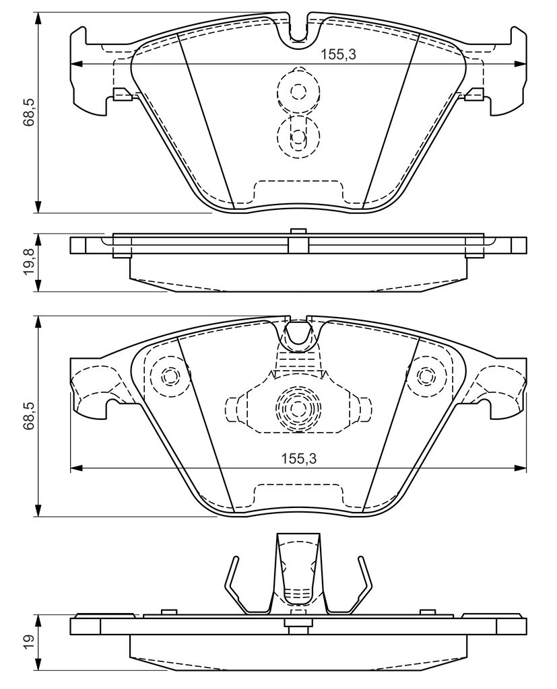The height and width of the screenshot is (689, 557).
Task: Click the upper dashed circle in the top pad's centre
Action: (297, 92)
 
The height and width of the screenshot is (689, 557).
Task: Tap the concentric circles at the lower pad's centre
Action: (297, 407)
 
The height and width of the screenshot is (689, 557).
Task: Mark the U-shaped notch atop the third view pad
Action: (297, 333)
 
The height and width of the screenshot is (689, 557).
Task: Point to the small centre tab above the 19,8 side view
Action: (297, 231)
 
